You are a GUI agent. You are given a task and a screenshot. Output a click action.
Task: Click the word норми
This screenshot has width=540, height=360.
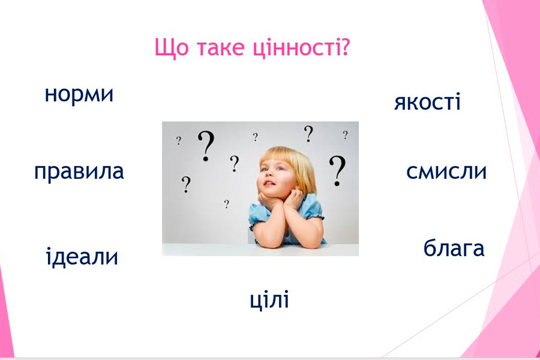(79, 95)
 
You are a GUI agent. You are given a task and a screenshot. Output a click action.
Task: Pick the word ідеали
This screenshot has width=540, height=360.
(82, 256)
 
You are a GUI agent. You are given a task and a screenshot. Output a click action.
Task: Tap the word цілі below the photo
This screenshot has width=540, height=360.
(269, 300)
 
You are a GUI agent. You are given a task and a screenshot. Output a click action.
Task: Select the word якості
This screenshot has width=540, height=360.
(427, 102)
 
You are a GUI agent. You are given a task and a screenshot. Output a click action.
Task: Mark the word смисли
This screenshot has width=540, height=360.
(446, 172)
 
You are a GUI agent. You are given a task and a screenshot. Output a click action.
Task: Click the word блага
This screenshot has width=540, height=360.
(454, 248)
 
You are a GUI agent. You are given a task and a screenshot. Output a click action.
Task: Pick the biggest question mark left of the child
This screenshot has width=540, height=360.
(206, 146)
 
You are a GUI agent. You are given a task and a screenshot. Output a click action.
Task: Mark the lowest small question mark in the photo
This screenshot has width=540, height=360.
(226, 204)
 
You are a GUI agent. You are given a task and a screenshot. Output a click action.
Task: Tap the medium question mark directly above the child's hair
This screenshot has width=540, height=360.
(308, 134)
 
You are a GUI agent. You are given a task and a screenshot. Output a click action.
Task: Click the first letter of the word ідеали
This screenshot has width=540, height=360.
(49, 256)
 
